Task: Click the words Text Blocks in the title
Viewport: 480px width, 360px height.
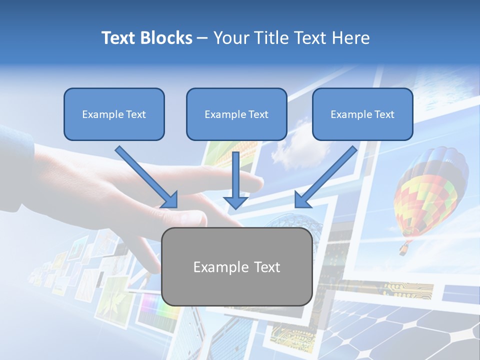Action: click(x=146, y=38)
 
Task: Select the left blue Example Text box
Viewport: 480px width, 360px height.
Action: click(x=114, y=114)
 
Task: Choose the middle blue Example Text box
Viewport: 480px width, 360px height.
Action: click(x=236, y=114)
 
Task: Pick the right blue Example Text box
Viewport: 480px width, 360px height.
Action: click(x=362, y=114)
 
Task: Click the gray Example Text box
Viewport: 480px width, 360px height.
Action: click(x=236, y=266)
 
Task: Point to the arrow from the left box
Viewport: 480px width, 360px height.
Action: click(x=147, y=177)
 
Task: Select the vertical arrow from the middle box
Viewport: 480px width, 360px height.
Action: click(x=235, y=180)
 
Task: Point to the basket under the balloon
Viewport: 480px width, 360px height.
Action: click(x=403, y=248)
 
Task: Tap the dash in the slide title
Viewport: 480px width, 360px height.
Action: click(x=202, y=38)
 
